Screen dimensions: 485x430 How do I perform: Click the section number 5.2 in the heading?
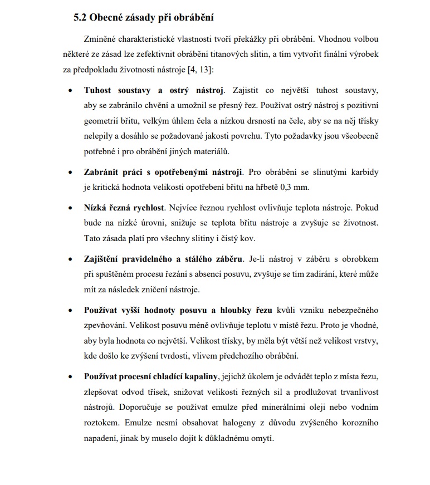[81, 17]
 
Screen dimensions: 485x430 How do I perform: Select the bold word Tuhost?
[98, 90]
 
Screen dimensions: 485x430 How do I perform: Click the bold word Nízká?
[96, 208]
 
